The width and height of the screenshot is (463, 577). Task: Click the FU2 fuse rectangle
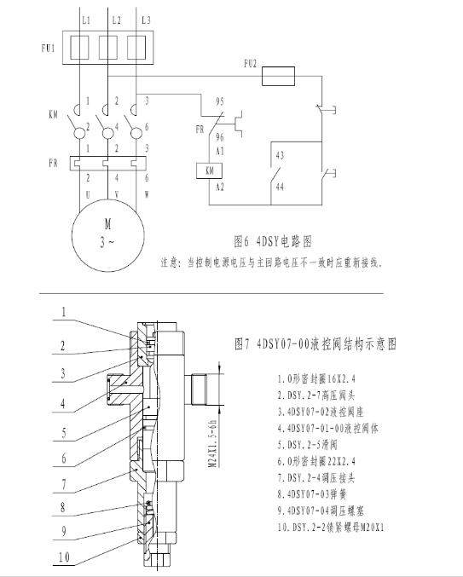278,76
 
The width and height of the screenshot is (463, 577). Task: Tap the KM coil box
209,170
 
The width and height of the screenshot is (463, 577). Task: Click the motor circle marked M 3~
107,235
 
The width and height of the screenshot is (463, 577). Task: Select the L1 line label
86,20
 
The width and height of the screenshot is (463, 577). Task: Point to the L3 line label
146,20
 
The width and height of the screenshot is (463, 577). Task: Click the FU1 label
49,49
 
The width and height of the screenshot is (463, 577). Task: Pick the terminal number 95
220,101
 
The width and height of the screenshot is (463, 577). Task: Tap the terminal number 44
280,188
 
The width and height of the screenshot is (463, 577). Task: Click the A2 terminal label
220,188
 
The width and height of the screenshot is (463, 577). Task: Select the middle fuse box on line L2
108,48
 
